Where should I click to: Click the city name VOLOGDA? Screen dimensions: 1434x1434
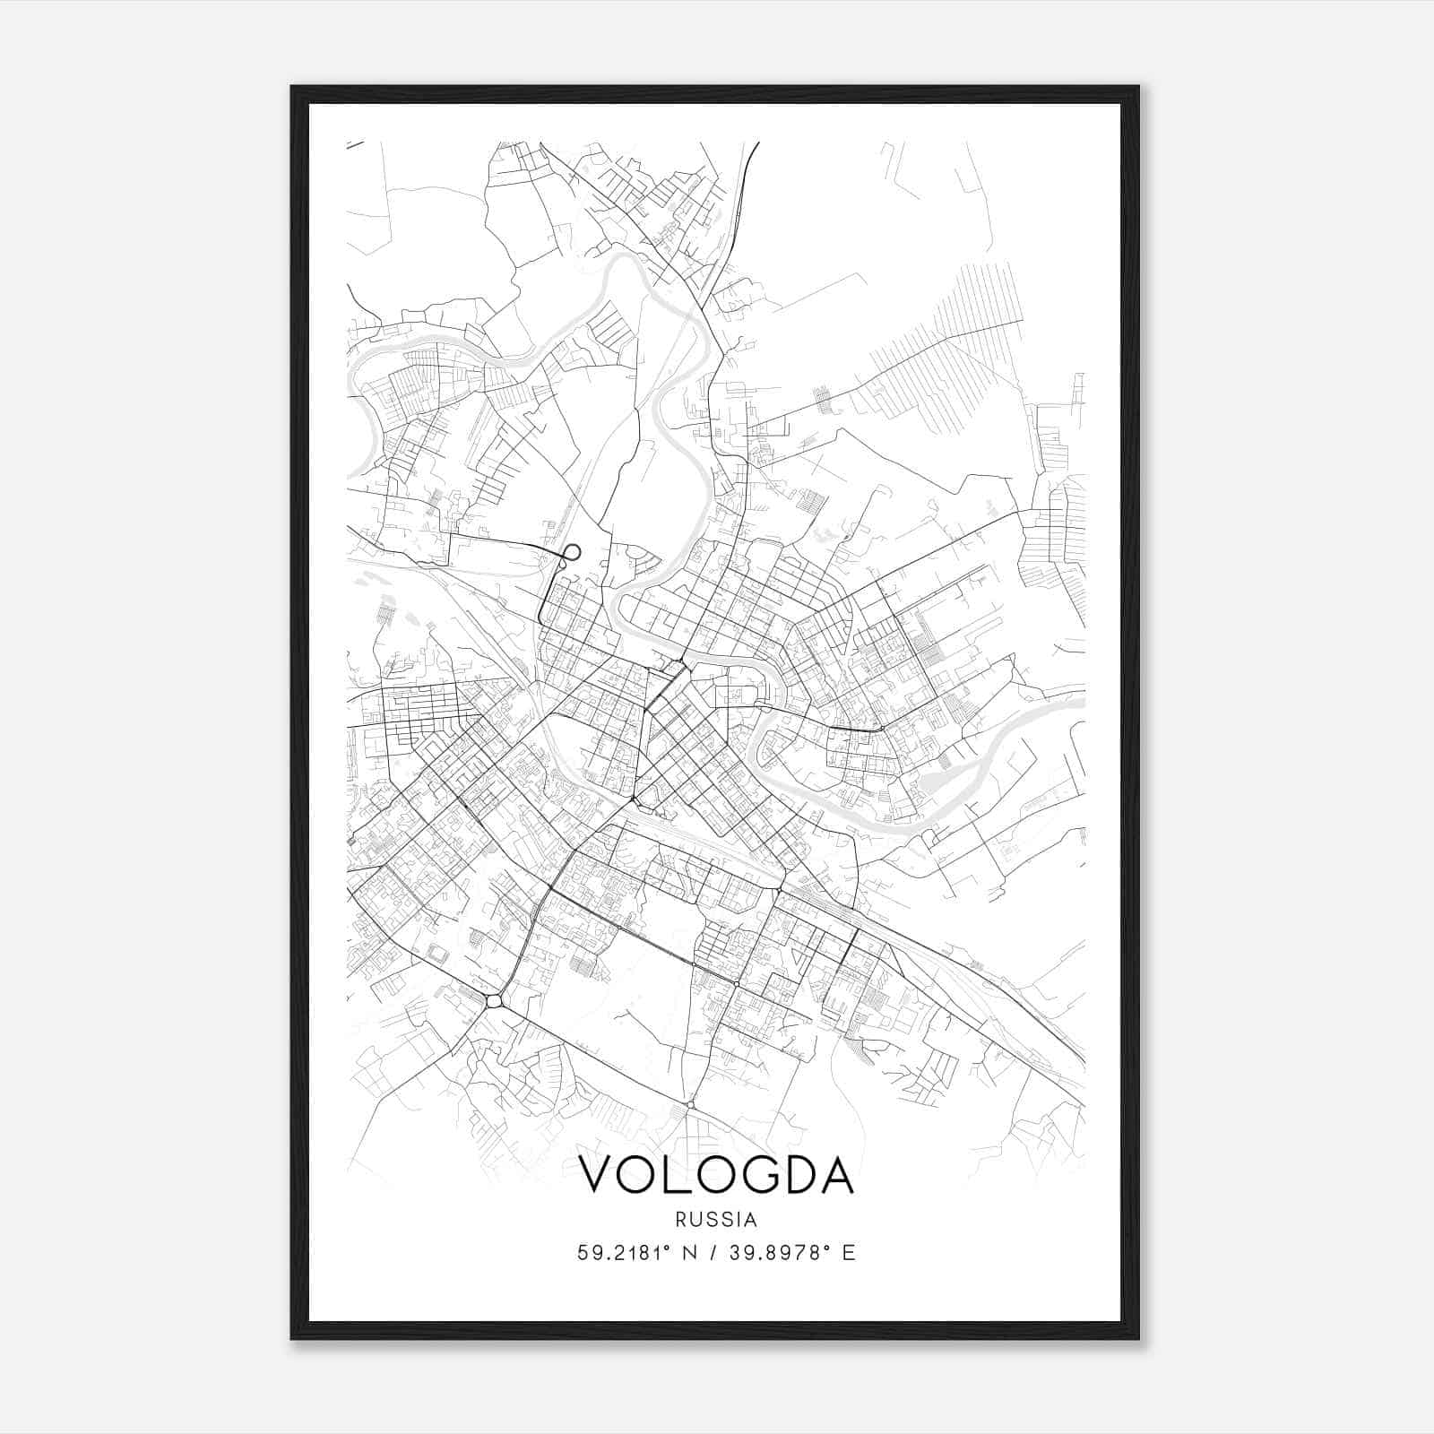click(x=716, y=1174)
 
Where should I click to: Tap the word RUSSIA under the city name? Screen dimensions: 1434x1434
click(x=716, y=1220)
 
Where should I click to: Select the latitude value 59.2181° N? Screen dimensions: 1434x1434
click(x=637, y=1253)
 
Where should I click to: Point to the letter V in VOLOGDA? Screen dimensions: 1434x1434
click(x=599, y=1174)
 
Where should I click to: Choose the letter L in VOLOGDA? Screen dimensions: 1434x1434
click(x=681, y=1174)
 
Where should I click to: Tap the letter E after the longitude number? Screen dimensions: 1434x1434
click(x=849, y=1253)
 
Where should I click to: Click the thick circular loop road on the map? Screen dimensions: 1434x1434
click(x=571, y=552)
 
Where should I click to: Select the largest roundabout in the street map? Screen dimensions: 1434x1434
click(x=494, y=1000)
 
